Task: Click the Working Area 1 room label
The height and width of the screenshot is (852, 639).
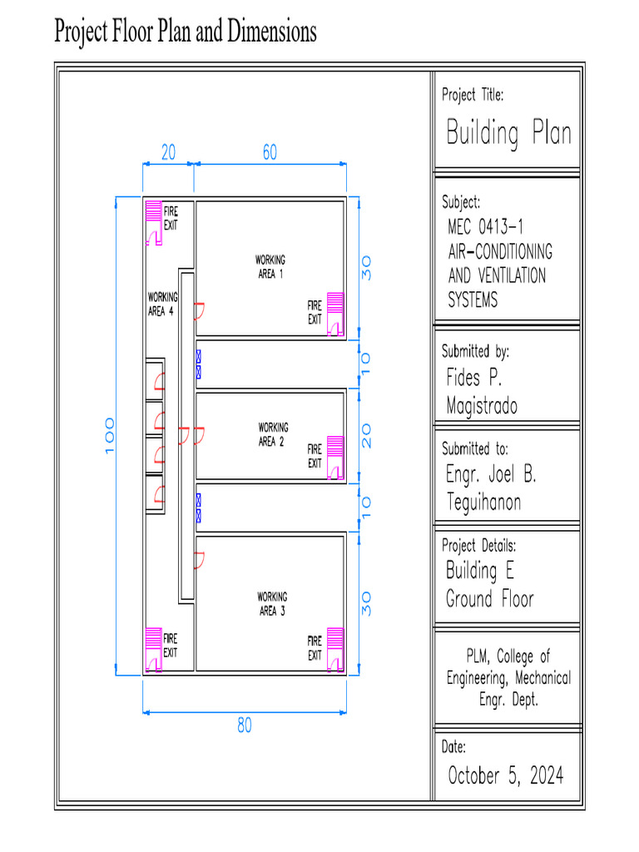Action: click(270, 267)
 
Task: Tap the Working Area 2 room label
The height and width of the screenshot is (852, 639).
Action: click(272, 434)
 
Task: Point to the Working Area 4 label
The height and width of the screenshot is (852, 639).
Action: click(161, 304)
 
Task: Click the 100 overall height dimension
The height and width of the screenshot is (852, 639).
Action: click(110, 436)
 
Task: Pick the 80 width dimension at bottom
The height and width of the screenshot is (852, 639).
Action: click(244, 726)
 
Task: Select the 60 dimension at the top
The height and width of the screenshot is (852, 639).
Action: click(270, 153)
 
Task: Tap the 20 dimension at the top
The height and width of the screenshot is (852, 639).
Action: click(168, 153)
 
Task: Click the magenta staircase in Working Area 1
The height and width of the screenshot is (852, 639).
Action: click(335, 305)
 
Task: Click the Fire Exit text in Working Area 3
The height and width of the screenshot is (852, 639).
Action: click(315, 648)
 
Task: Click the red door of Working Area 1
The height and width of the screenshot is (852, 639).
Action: click(200, 311)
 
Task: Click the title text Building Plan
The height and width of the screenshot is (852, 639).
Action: click(508, 133)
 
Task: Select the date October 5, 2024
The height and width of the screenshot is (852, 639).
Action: click(505, 776)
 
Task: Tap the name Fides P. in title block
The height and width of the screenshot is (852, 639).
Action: click(474, 379)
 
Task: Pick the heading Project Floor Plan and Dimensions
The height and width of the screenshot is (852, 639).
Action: click(186, 32)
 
